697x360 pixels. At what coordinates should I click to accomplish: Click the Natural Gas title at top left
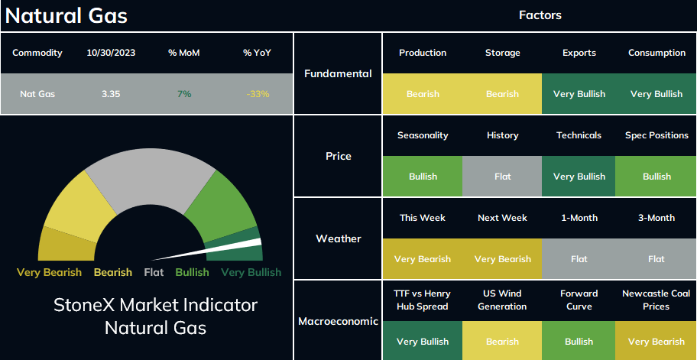click(66, 16)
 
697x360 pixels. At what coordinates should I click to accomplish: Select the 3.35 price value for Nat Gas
click(111, 94)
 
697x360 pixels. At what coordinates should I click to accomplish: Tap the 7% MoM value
click(183, 94)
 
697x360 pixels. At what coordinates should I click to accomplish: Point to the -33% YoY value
click(258, 94)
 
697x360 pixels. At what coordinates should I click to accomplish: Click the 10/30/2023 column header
click(111, 53)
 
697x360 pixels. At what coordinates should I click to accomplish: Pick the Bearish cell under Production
click(423, 94)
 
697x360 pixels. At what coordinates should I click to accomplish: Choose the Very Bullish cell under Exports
click(579, 94)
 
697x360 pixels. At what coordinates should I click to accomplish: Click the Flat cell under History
click(502, 177)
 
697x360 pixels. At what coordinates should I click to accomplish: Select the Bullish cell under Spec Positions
click(656, 177)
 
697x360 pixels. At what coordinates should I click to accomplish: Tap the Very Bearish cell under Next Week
click(502, 259)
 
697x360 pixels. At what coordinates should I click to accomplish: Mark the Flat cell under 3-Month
click(656, 259)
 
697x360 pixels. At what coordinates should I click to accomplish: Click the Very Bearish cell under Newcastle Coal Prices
click(656, 342)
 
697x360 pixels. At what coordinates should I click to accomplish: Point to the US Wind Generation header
click(502, 300)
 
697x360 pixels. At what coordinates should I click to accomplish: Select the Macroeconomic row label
click(339, 321)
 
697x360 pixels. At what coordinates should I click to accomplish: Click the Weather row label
click(339, 238)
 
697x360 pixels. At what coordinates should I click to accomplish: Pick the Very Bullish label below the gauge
click(251, 272)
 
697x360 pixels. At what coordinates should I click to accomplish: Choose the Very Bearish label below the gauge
click(49, 272)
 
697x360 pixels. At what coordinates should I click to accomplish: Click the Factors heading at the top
click(540, 15)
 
